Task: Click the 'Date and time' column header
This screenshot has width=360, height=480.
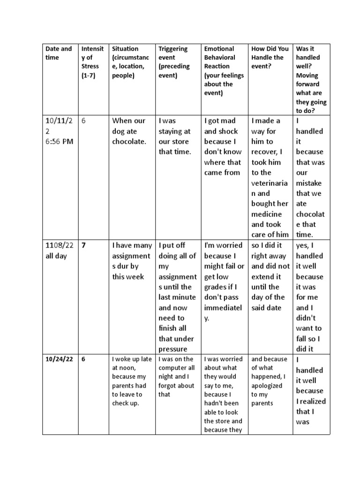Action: [59, 53]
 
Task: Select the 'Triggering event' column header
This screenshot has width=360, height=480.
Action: [173, 62]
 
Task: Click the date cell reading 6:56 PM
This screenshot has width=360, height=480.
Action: [59, 142]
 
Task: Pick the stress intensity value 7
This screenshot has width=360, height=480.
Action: [84, 245]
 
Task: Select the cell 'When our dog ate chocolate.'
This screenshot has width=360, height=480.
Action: [129, 131]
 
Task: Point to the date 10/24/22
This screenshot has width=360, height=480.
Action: [59, 360]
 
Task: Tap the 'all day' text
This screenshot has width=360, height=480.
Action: [57, 256]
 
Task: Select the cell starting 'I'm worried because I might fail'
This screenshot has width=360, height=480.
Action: [224, 281]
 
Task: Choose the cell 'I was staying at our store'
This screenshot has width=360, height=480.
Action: [175, 136]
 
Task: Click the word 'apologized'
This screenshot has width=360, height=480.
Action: [267, 385]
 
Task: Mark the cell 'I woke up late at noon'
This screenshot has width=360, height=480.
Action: [132, 381]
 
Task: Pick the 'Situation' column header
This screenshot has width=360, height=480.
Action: [125, 49]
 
